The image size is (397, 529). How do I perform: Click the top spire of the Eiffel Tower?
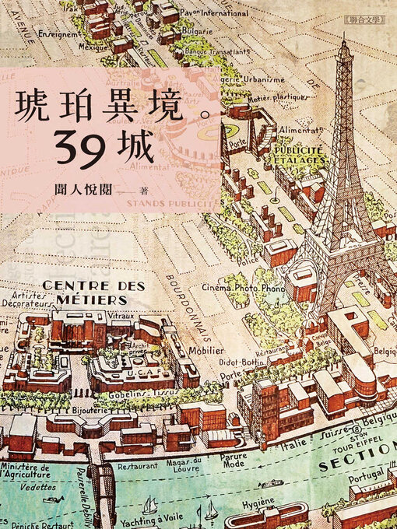[x=342, y=43]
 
